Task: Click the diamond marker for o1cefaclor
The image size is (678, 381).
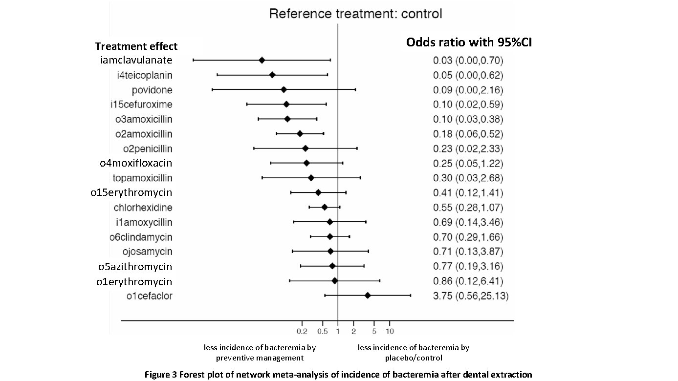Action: (x=368, y=296)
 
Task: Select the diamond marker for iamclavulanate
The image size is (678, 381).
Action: (x=262, y=60)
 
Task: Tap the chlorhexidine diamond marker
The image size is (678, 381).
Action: (x=324, y=207)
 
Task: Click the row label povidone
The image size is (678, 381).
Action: (x=152, y=90)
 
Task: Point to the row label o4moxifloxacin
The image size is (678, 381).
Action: (x=136, y=163)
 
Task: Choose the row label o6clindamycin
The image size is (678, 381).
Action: (x=141, y=237)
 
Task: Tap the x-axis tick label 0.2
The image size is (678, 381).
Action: (x=302, y=331)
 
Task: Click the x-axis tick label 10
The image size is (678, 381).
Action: (x=389, y=331)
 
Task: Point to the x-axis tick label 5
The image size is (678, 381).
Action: (x=374, y=331)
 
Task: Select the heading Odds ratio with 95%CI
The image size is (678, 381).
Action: (x=469, y=42)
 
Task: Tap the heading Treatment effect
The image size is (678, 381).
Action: (x=136, y=46)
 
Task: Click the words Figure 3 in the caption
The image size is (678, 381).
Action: (x=160, y=375)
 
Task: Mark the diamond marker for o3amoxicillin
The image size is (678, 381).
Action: (x=287, y=119)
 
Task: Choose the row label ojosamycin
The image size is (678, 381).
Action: (x=148, y=252)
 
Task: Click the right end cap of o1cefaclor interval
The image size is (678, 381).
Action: (x=410, y=296)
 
